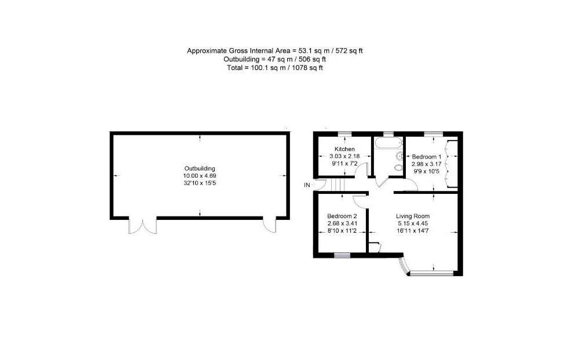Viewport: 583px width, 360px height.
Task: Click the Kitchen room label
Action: click(344, 149)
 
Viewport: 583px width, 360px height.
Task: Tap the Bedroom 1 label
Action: click(427, 157)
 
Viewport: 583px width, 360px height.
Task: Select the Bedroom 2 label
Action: click(342, 216)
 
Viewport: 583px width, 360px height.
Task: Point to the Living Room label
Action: click(413, 216)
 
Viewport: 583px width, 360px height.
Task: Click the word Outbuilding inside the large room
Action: click(200, 168)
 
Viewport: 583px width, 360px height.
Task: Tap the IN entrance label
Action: click(307, 185)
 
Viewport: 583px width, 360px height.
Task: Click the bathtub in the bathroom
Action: click(388, 142)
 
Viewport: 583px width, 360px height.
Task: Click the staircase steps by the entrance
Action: click(336, 185)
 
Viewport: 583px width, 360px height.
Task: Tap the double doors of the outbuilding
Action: click(143, 226)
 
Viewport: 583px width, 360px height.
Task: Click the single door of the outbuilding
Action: click(270, 226)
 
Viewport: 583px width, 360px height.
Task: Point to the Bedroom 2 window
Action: click(342, 255)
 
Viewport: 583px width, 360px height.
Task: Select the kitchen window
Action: click(344, 134)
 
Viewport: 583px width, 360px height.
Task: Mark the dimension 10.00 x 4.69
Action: click(200, 176)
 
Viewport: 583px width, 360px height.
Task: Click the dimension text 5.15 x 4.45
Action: click(413, 223)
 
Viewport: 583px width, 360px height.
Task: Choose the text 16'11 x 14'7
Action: click(413, 231)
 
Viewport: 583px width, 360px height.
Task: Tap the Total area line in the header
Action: click(275, 68)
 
